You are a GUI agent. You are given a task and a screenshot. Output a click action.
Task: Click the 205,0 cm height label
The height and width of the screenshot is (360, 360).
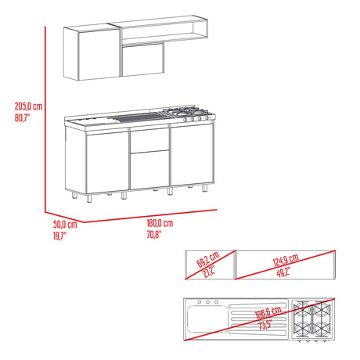coord(28,106)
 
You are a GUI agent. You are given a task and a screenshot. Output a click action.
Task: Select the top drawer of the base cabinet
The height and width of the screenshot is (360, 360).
coord(149,140)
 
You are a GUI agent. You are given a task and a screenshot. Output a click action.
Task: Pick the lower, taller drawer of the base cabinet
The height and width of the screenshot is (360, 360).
coord(149,170)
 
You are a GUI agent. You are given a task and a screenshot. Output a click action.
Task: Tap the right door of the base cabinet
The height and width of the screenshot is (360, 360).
coord(191,157)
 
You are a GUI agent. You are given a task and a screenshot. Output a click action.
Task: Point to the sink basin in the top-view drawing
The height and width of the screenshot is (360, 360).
coord(205,321)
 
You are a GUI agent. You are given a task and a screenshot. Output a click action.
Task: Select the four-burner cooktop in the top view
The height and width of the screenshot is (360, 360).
coord(312,319)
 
